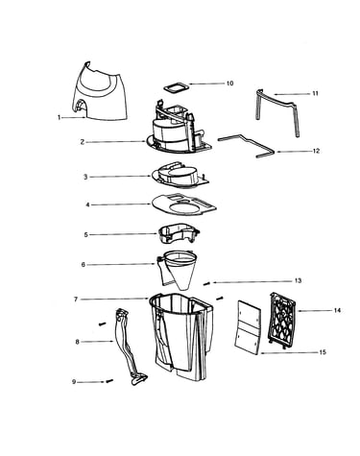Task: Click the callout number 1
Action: pos(59,117)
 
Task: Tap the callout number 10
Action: pos(229,84)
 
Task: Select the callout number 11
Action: pos(315,93)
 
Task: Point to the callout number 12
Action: pos(316,151)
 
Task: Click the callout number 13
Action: pos(298,280)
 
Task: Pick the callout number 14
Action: pos(337,310)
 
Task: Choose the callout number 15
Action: pos(323,352)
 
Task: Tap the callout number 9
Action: pos(74,382)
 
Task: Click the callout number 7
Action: pos(76,300)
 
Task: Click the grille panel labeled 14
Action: pos(282,322)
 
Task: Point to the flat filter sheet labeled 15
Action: pos(248,327)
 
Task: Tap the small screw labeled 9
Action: pos(109,381)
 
